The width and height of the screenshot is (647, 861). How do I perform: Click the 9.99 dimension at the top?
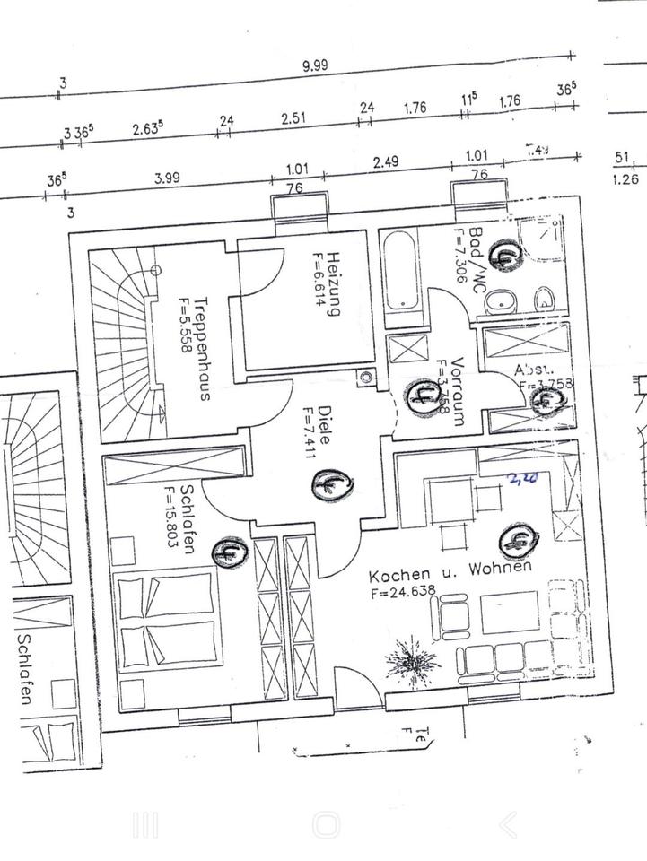point(315,65)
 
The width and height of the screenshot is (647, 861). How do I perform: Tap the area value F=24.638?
point(400,593)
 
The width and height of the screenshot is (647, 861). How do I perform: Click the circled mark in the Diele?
point(328,485)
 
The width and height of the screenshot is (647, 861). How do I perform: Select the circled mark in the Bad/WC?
point(506,255)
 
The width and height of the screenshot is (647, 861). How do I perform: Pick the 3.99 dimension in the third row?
point(167,178)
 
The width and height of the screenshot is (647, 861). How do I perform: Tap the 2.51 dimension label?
point(294,117)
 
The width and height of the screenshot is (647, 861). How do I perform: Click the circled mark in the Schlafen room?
point(228,552)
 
